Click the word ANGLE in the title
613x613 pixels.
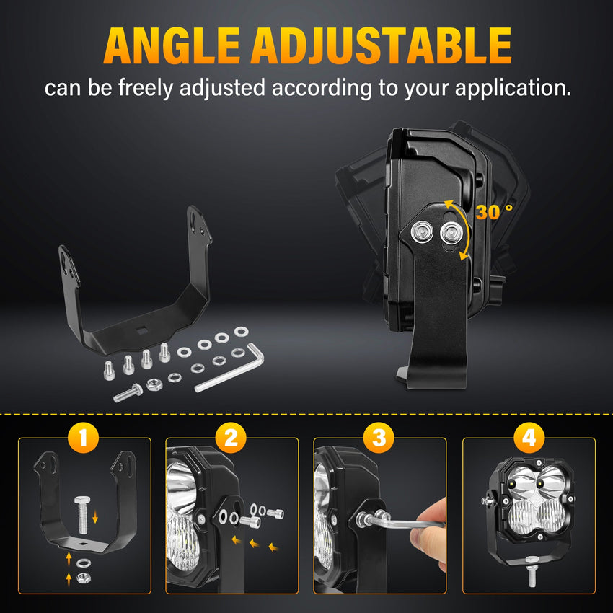point(172,45)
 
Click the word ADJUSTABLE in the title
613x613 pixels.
point(382,45)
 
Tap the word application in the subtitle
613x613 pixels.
point(513,89)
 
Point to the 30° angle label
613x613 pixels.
point(494,211)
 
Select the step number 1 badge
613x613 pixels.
point(83,438)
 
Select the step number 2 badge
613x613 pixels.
point(231,438)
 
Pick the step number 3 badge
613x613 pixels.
point(379,438)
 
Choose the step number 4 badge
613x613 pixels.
point(529,438)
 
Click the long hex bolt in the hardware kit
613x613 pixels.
point(128,393)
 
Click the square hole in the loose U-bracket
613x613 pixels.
point(141,331)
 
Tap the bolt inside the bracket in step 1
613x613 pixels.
point(82,514)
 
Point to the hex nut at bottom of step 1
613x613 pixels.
point(82,578)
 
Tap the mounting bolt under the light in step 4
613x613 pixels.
point(532,572)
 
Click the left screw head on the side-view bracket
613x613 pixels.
point(421,231)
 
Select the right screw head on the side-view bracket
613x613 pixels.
point(451,233)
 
